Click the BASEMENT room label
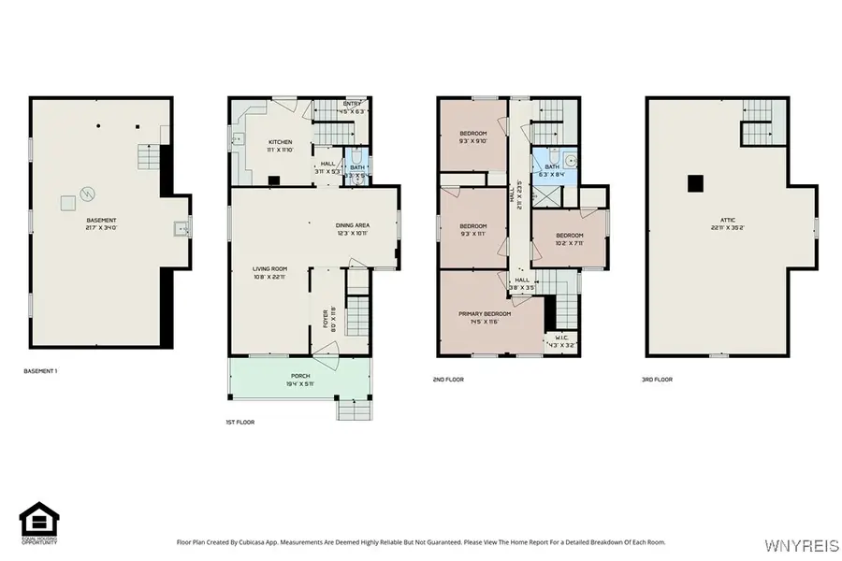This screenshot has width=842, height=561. coord(100,221)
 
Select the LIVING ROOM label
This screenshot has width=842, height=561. coord(269,270)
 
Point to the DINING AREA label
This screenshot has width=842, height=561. coord(353,225)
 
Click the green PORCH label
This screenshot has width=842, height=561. coord(300,377)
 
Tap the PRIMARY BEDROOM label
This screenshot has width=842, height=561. coord(484,314)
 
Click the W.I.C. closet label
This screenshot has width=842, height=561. coord(561,338)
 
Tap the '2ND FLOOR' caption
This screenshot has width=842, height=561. coord(449,380)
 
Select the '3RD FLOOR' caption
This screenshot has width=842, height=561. coord(658,380)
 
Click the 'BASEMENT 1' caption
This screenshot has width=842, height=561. coord(40,371)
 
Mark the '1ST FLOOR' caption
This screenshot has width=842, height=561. coord(240,422)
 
